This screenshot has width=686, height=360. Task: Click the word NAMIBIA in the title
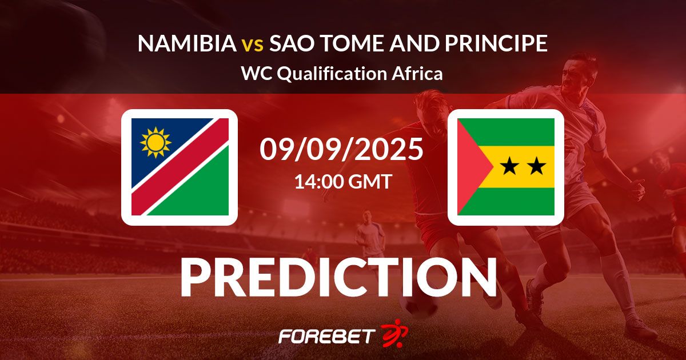(187, 43)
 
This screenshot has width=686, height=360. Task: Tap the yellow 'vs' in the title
(253, 45)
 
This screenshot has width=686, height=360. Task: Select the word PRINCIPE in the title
(496, 43)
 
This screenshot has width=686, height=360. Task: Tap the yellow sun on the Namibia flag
(155, 142)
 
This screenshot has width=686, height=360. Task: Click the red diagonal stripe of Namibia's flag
(180, 167)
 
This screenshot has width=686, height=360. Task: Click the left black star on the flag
(509, 166)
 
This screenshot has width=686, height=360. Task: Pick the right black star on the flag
(536, 166)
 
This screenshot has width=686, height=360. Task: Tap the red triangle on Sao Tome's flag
(472, 167)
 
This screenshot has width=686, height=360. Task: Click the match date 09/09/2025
(342, 149)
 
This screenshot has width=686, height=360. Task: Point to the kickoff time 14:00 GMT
(343, 181)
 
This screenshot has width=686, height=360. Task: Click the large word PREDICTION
(338, 277)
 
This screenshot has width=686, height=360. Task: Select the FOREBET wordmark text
(327, 337)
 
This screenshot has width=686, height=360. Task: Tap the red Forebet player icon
(394, 334)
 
